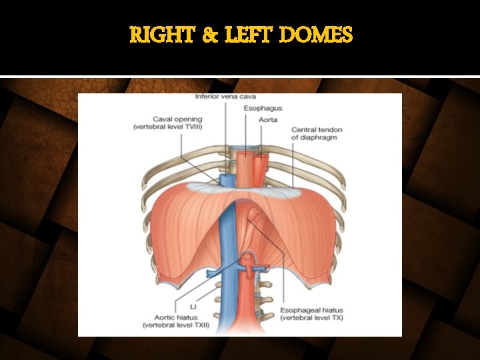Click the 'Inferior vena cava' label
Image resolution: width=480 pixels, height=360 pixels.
tap(225, 97)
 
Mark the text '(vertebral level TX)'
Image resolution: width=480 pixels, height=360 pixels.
tap(311, 318)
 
